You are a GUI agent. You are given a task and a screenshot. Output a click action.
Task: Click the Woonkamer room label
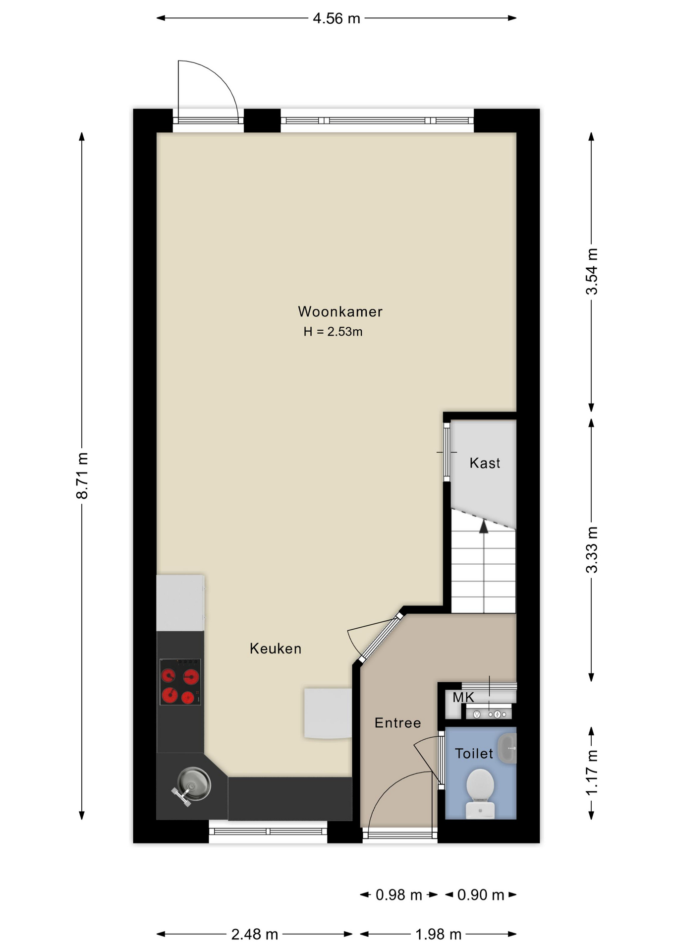(x=340, y=311)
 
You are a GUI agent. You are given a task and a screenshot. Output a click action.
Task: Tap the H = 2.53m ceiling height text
(x=333, y=332)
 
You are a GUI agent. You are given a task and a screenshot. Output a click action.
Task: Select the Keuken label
(x=276, y=649)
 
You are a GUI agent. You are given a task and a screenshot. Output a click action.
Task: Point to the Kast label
(x=485, y=463)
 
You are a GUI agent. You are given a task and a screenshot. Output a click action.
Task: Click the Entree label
(x=397, y=723)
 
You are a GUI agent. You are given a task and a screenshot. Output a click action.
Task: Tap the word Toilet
(x=474, y=754)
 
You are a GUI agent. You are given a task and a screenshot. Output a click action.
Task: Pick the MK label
(x=463, y=697)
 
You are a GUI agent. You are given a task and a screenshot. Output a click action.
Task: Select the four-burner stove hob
(x=180, y=682)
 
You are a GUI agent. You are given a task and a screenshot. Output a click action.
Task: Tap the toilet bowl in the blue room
(x=480, y=793)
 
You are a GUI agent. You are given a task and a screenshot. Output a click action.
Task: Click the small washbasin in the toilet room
(x=507, y=748)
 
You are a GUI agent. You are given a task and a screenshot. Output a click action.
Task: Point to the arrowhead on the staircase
(x=484, y=527)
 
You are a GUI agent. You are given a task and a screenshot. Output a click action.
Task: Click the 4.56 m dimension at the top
(x=336, y=18)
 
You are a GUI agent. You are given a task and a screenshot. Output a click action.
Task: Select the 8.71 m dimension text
(x=82, y=476)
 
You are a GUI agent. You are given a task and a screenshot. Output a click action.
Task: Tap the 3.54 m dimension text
(x=592, y=271)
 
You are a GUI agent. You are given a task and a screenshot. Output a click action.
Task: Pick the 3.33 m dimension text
(x=592, y=550)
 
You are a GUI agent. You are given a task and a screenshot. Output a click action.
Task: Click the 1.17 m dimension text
(x=592, y=772)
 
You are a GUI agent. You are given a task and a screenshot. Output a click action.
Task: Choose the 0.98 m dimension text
(x=398, y=895)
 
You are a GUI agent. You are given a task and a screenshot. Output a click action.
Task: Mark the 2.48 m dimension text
(x=254, y=935)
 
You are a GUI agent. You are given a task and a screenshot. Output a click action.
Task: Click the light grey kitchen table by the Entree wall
(x=328, y=713)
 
